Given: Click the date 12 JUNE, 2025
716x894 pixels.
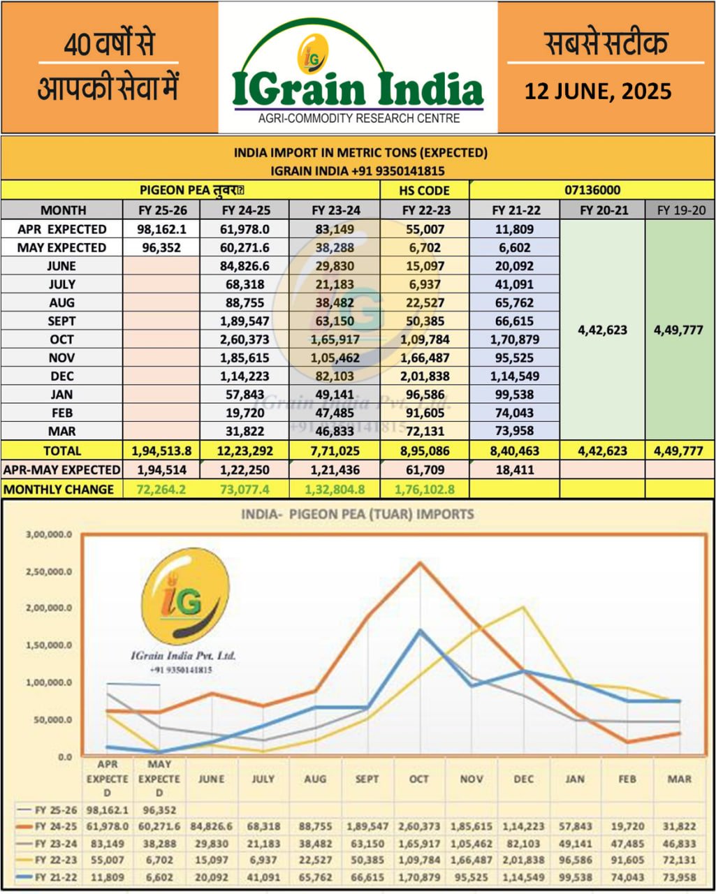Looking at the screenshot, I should pos(598,91).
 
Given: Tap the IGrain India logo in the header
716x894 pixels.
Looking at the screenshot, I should pos(358,77).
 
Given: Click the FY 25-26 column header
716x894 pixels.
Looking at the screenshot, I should pos(161,210).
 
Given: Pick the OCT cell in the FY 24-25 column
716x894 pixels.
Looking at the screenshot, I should pos(244,339).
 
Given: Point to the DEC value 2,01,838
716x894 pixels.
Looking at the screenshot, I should pos(425,376).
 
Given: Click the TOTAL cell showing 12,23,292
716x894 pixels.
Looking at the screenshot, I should pos(244,451).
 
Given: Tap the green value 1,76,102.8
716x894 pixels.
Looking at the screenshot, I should pos(425,489).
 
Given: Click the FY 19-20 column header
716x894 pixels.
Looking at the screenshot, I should pos(680,210).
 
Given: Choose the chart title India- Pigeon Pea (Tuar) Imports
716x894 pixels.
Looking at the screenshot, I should pos(358,515).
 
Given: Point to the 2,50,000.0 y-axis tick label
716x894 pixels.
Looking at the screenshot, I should pos(48,571).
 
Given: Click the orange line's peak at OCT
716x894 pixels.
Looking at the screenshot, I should pos(419,563).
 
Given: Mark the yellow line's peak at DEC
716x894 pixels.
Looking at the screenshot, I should pos(524,607).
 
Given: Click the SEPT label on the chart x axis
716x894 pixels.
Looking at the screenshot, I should pos(367,779).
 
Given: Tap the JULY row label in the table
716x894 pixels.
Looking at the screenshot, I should pos(62,284).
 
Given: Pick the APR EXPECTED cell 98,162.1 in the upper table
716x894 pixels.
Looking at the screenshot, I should pos(161,229).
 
